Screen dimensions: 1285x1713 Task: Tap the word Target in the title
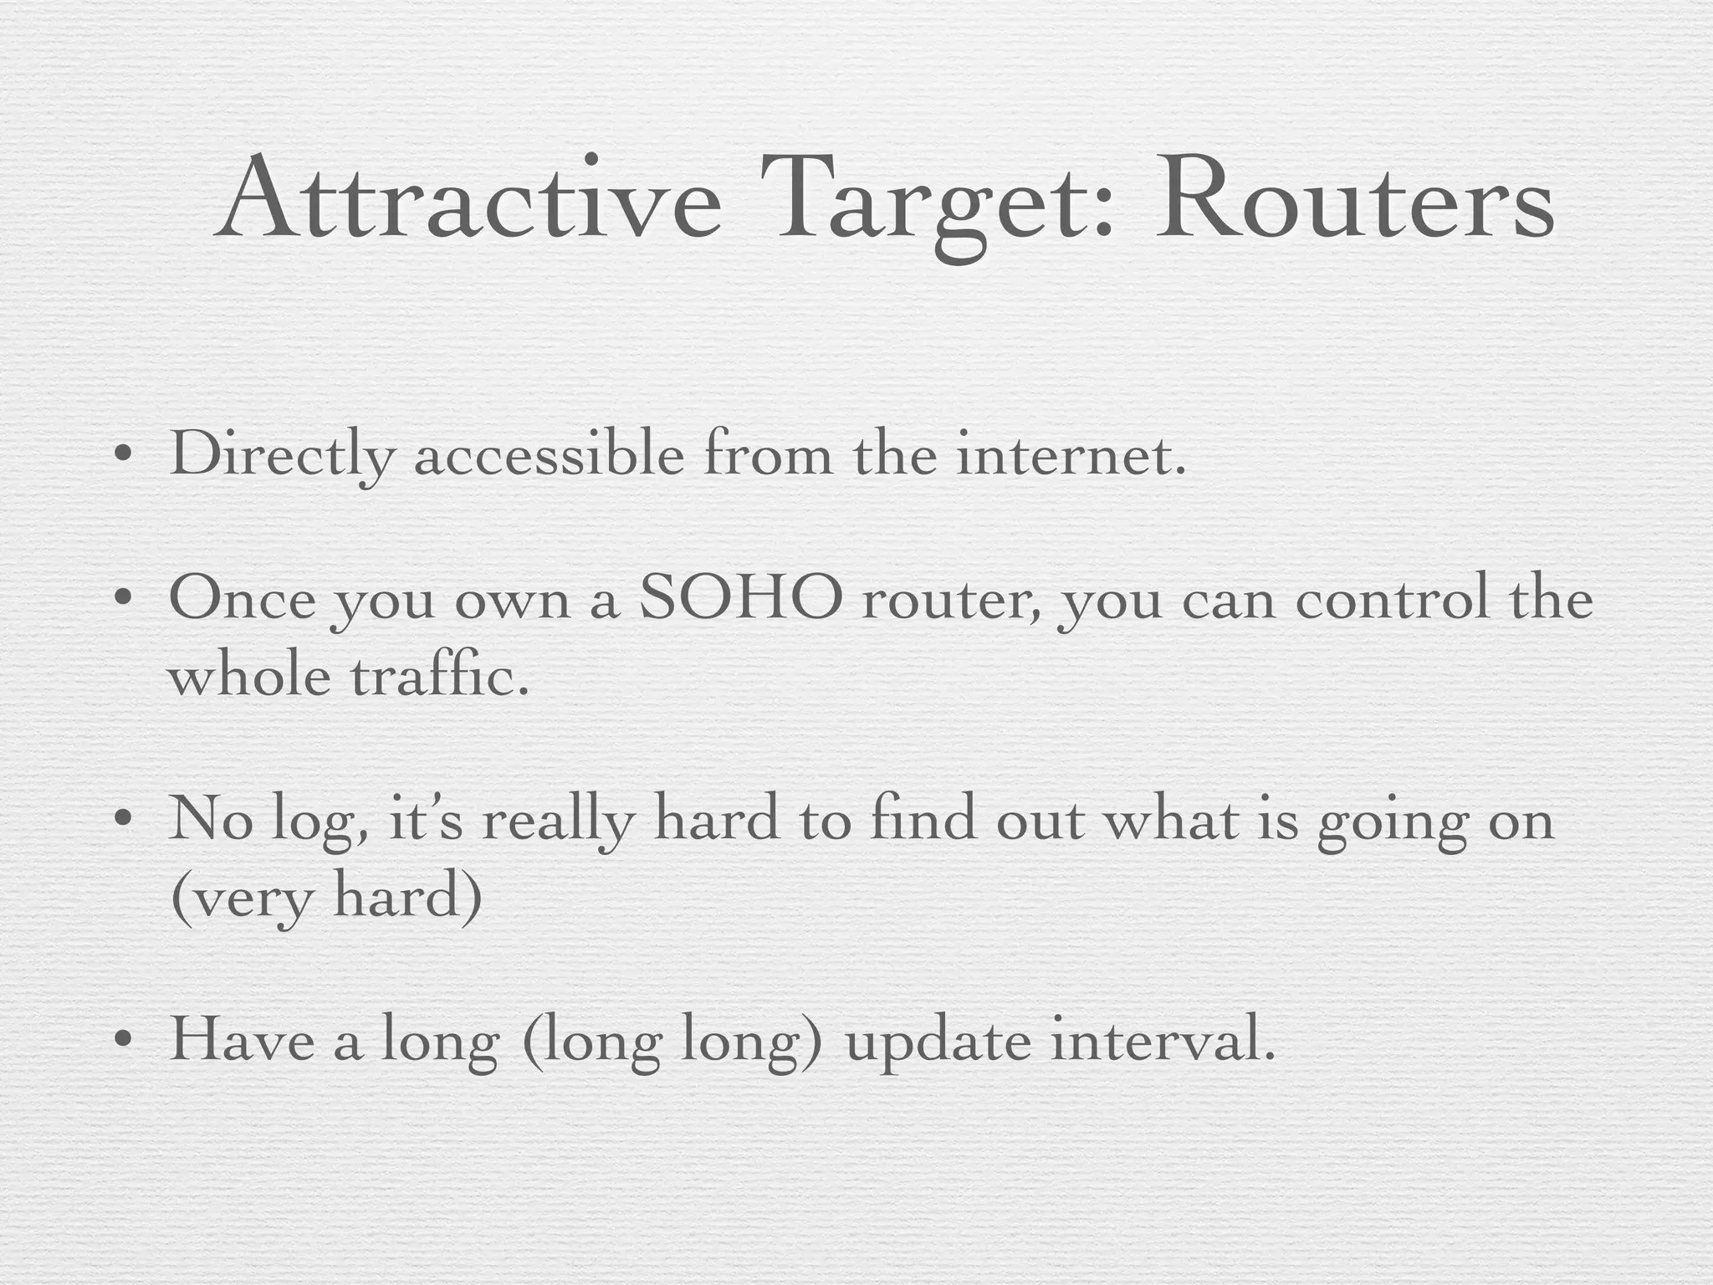point(937,205)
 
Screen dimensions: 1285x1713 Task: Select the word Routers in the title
point(1354,201)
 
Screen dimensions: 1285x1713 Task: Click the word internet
point(1071,456)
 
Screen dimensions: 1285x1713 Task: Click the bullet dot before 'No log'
point(123,820)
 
